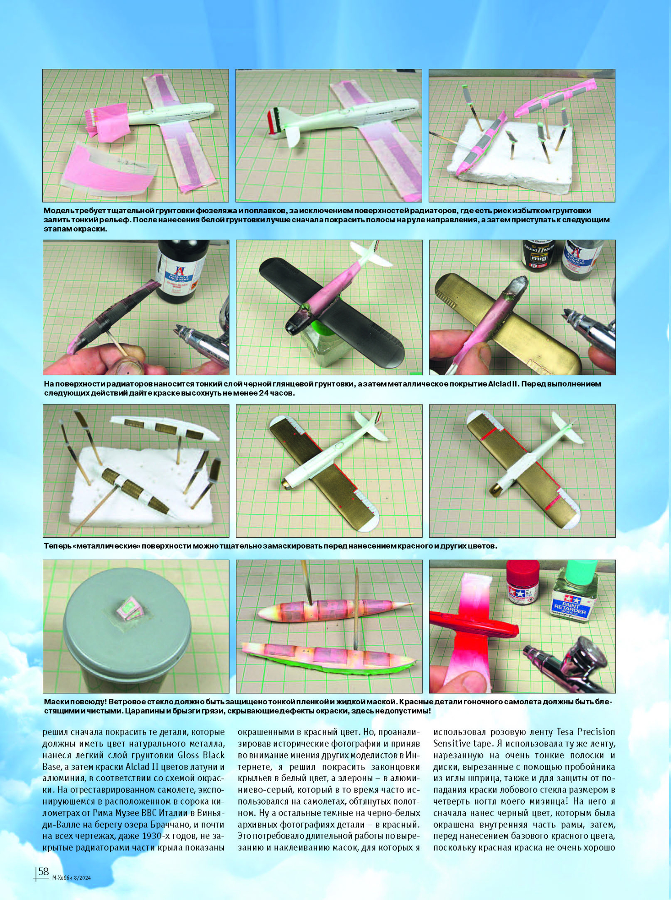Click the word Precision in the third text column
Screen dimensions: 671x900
pos(596,732)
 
